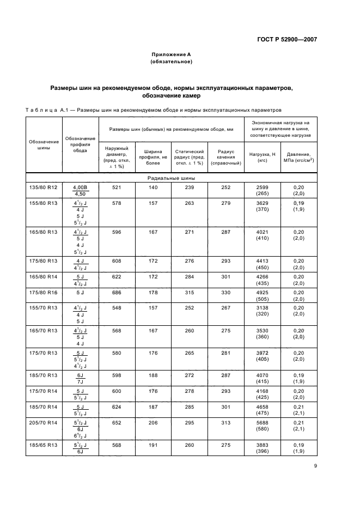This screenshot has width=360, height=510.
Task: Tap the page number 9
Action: (x=315, y=466)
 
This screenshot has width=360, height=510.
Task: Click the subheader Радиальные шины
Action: (x=171, y=178)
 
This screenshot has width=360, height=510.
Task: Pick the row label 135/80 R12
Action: (x=42, y=187)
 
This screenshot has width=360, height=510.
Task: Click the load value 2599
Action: (x=262, y=187)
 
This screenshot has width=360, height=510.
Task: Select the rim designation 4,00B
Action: (x=80, y=187)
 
